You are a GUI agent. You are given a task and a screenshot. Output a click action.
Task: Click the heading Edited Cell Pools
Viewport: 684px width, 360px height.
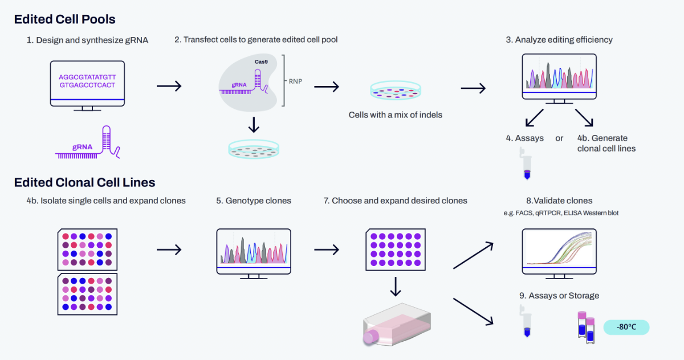64,19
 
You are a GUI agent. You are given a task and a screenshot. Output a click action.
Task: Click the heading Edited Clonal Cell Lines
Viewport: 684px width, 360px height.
84,182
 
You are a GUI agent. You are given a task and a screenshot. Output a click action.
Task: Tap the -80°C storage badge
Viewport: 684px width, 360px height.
626,328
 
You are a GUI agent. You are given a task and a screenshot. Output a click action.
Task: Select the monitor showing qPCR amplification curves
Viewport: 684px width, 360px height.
559,252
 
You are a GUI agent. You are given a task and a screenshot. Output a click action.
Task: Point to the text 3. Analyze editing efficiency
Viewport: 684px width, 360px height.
559,40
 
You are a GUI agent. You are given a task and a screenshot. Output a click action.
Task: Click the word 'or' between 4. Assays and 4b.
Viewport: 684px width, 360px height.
559,138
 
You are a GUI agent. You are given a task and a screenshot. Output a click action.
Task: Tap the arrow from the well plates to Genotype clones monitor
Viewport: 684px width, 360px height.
168,249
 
